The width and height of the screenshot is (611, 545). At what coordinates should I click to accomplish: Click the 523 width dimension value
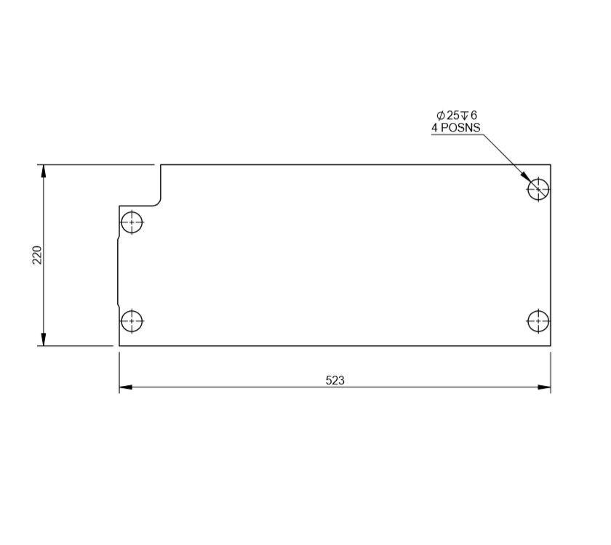coord(335,380)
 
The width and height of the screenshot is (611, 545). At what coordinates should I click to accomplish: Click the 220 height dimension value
coord(37,254)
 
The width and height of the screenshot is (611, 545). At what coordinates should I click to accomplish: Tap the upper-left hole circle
coord(132,222)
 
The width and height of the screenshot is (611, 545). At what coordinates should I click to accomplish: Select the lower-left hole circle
coord(132,320)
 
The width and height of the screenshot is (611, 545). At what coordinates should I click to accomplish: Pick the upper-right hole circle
coord(538,189)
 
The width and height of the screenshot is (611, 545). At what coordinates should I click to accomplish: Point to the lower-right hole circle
coord(538,320)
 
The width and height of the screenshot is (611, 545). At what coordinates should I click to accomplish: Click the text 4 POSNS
coord(456,128)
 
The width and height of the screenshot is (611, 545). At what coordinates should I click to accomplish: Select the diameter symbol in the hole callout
coord(440,116)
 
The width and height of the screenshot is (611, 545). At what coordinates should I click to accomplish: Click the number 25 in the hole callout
coord(452,116)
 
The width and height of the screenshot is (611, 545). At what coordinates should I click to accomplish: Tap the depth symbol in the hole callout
coord(464,116)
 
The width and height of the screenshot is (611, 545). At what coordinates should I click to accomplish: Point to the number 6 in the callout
coord(474,116)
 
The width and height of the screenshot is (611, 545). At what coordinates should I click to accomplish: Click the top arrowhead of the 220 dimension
coord(44,171)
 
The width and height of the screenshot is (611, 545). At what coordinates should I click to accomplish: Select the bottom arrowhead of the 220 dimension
coord(44,339)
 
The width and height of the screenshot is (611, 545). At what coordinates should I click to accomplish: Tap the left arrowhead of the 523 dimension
coord(126,387)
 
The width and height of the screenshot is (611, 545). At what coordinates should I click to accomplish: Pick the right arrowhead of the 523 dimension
coord(544,387)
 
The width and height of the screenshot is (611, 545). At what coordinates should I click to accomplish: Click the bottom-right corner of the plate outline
coord(551,346)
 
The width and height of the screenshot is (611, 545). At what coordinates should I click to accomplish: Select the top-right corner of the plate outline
coord(551,165)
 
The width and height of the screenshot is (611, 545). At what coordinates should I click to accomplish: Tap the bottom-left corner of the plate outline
coord(119,346)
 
